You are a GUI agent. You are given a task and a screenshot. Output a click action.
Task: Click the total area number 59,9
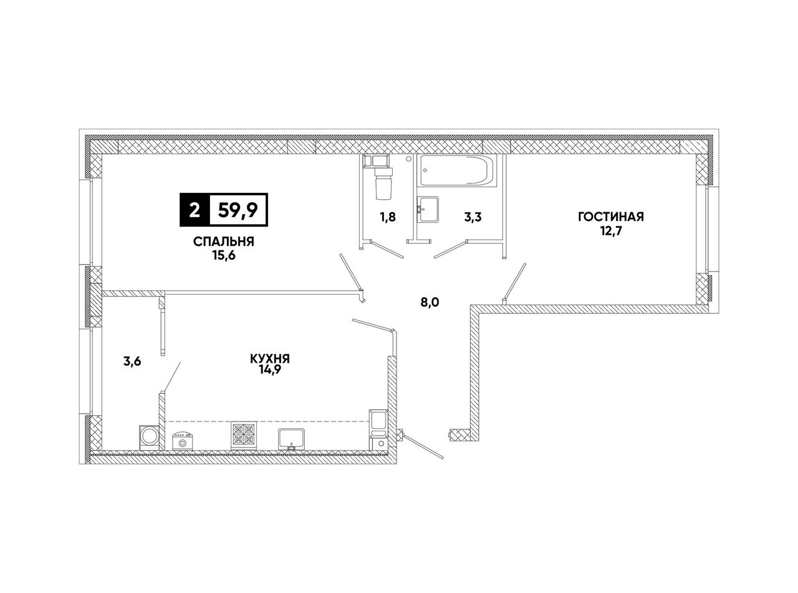[x=238, y=210]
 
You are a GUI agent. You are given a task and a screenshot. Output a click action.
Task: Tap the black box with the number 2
[x=194, y=210]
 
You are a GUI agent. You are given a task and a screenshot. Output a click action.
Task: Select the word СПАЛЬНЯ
[x=224, y=242]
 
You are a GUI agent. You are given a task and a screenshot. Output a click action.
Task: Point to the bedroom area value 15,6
[x=224, y=256]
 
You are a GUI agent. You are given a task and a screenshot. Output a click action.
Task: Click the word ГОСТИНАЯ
[x=611, y=217]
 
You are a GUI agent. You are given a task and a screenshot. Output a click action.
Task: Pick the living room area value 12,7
[x=610, y=230]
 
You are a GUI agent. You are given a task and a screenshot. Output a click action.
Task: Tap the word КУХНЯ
[x=270, y=358]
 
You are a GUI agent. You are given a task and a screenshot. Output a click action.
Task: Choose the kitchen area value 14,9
[x=270, y=370]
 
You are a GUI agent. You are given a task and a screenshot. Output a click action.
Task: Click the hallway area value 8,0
[x=430, y=302]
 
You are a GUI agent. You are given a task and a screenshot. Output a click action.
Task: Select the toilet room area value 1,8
[x=388, y=217]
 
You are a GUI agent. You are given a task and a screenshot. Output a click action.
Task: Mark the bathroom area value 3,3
[x=473, y=217]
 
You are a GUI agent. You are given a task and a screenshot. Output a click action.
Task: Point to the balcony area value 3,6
[x=132, y=361]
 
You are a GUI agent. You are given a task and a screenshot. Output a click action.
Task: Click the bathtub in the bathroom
[x=456, y=171]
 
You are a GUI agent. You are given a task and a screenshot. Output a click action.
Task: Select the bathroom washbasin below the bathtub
[x=428, y=210]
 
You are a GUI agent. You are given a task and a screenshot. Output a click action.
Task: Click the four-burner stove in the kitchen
[x=244, y=435]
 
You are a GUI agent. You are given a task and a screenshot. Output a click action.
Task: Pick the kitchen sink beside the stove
[x=292, y=439]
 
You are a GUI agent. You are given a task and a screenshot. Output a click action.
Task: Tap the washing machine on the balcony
[x=149, y=438]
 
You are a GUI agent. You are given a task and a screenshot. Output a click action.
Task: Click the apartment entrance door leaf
[x=423, y=447]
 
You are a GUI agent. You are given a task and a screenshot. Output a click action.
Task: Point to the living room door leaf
[x=515, y=281]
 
